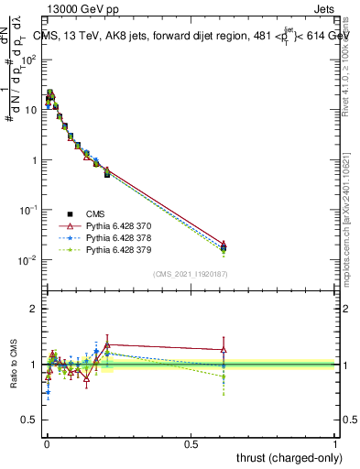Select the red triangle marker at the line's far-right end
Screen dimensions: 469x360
point(224,245)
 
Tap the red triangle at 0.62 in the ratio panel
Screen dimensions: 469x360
point(224,349)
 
